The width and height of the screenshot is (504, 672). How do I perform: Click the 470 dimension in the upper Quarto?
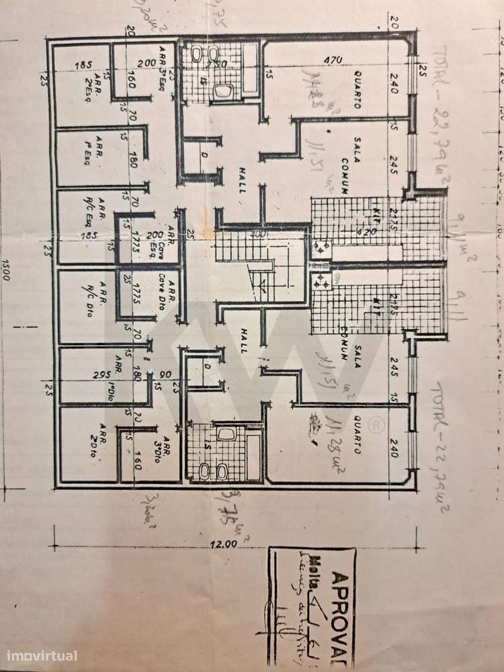pyautogui.click(x=327, y=59)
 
